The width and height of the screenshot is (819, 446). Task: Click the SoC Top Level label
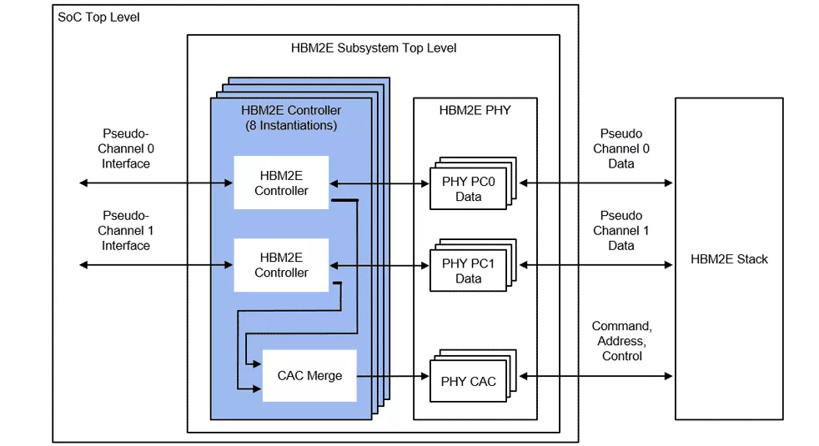pos(98,17)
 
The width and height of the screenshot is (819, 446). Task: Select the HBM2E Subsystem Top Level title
pos(373,48)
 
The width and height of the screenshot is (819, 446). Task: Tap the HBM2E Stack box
pos(729,258)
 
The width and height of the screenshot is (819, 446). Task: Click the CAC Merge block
pos(309,375)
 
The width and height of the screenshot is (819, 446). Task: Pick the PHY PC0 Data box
pos(468,188)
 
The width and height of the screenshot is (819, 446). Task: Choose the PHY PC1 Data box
pos(468,271)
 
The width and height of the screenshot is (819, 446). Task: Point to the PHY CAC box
pos(468,382)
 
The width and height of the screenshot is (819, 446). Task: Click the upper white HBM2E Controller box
pos(281,183)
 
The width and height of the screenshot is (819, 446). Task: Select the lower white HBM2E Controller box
pos(281,264)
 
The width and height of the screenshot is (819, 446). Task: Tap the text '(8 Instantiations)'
pos(291,126)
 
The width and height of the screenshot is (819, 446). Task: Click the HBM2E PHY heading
pos(475,110)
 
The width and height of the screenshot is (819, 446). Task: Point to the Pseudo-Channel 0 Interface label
pos(126,148)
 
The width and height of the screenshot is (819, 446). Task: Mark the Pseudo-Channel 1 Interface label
pos(126,230)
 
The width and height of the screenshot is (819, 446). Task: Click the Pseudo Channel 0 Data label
pos(621,148)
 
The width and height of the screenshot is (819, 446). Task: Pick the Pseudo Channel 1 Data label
pos(621,230)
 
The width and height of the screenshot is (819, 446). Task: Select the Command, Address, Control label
pos(621,341)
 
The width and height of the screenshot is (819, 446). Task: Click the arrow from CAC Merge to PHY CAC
pos(392,377)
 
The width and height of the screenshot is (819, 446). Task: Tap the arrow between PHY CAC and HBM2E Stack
pos(595,377)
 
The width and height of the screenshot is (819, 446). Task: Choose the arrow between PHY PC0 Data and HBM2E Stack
pos(595,182)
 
